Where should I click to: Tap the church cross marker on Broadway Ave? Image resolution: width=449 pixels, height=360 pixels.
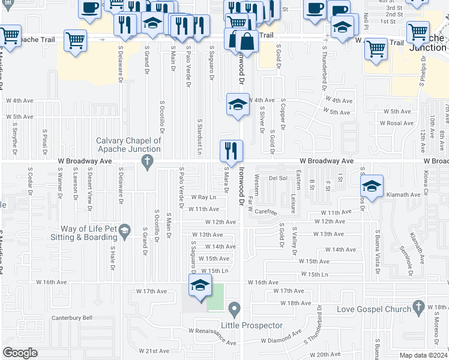pyautogui.click(x=145, y=161)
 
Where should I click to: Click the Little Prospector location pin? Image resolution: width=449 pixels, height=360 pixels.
pyautogui.click(x=234, y=310)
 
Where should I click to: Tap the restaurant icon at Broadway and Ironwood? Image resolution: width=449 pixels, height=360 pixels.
pyautogui.click(x=232, y=152)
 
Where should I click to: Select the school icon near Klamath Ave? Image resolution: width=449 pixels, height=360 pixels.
pyautogui.click(x=372, y=186)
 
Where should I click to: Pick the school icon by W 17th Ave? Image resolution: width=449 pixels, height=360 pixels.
pyautogui.click(x=200, y=286)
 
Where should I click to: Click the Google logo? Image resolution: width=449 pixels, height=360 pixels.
pyautogui.click(x=20, y=352)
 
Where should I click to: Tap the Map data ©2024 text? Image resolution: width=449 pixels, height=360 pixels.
pyautogui.click(x=423, y=355)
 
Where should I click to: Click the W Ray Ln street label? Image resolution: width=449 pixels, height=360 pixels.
pyautogui.click(x=203, y=197)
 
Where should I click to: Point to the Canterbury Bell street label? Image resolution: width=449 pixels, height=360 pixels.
pyautogui.click(x=71, y=318)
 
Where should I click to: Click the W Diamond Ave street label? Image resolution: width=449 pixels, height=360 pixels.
pyautogui.click(x=281, y=338)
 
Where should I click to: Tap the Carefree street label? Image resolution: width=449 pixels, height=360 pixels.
pyautogui.click(x=265, y=212)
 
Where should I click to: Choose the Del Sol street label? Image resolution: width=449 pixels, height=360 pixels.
pyautogui.click(x=279, y=178)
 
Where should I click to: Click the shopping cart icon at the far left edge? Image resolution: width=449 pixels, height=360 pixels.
pyautogui.click(x=10, y=36)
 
